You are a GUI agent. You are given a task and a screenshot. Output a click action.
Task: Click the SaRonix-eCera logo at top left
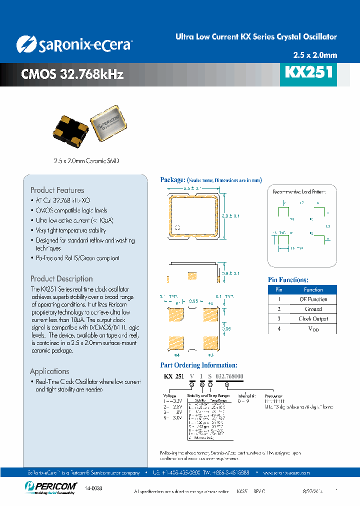[x=74, y=44]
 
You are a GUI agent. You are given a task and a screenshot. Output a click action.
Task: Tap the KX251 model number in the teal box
[x=308, y=73]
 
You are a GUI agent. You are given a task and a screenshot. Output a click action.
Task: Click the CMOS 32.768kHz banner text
[x=72, y=74]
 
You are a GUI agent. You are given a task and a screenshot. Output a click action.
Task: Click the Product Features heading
[x=57, y=190]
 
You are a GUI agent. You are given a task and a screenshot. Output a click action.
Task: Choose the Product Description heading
[x=61, y=278]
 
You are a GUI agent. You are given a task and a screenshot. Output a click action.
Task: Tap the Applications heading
[x=49, y=371]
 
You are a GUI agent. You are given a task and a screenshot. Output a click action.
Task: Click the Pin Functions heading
[x=288, y=280]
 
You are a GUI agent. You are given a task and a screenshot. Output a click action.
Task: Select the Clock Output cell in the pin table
[x=313, y=319]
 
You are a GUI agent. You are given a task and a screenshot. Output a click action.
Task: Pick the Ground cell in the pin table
[x=313, y=309]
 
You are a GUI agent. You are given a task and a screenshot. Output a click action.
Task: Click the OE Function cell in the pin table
[x=313, y=299]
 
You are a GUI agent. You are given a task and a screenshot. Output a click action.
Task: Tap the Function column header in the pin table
[x=313, y=289]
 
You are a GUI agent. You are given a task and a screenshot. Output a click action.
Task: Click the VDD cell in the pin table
[x=313, y=329]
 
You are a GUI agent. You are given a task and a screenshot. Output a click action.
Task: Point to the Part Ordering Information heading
[x=198, y=365]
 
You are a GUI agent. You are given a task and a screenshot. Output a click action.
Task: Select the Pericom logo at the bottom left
[x=50, y=486]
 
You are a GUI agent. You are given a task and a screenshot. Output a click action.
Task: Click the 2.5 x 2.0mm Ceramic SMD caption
[x=86, y=161]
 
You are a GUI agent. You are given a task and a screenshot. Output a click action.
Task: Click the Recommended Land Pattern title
[x=299, y=191]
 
